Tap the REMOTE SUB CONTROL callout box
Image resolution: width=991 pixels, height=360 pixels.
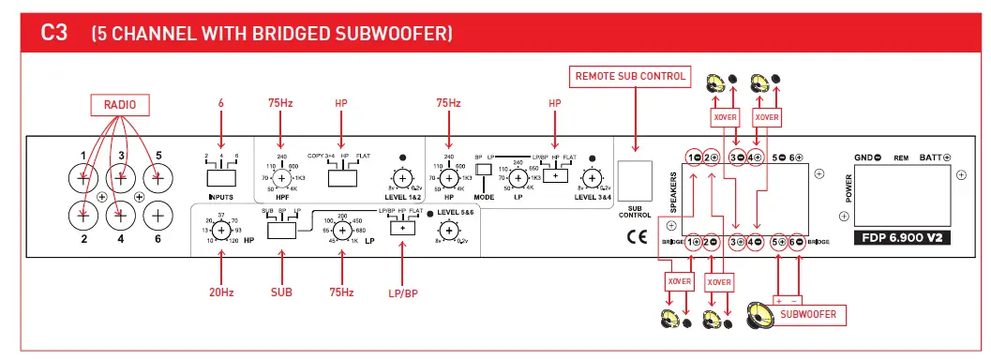pyautogui.click(x=630, y=76)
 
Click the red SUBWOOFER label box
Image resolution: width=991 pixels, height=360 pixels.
pyautogui.click(x=807, y=313)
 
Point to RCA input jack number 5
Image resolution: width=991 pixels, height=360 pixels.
pyautogui.click(x=158, y=174)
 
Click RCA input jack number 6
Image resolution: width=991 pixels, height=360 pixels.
pyautogui.click(x=158, y=216)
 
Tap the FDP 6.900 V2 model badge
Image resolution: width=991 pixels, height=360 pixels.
pyautogui.click(x=905, y=237)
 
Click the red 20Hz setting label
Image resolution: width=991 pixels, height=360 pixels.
pyautogui.click(x=220, y=292)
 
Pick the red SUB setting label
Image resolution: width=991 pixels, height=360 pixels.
pyautogui.click(x=281, y=292)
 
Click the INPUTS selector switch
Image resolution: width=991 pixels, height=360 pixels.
pyautogui.click(x=221, y=175)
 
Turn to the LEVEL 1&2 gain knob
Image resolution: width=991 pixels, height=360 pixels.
pyautogui.click(x=403, y=178)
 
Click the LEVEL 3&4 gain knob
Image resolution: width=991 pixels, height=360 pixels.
pyautogui.click(x=591, y=176)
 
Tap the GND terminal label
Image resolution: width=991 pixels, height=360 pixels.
pyautogui.click(x=863, y=157)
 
